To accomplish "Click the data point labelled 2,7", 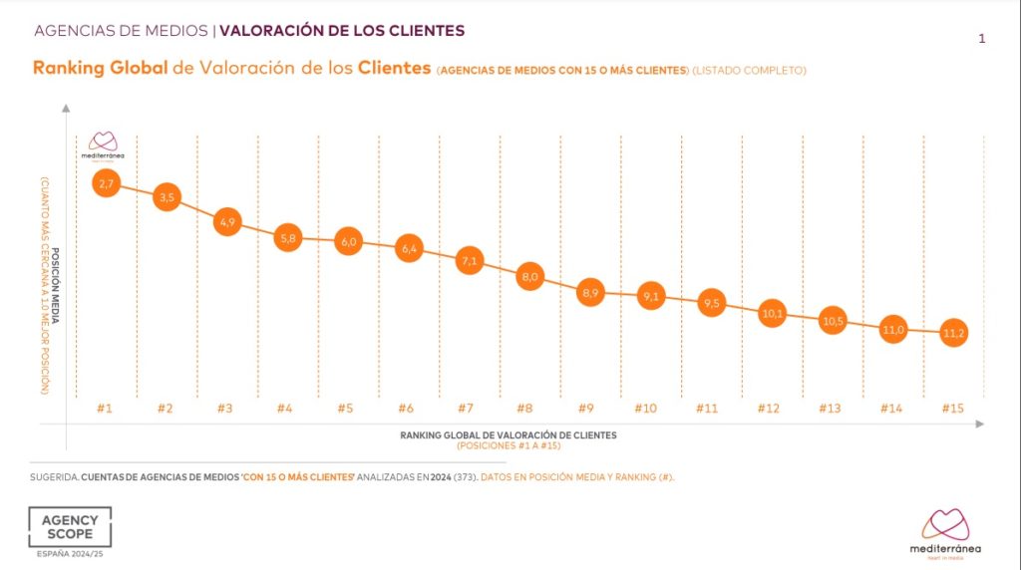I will (x=107, y=183).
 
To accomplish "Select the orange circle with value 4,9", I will (x=226, y=222).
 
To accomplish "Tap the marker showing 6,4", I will (x=408, y=249).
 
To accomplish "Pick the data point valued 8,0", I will (x=529, y=277).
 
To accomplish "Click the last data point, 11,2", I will (x=953, y=333).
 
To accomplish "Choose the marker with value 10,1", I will (x=772, y=313).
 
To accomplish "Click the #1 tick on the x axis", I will (x=105, y=409).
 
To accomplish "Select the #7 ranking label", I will (x=467, y=409).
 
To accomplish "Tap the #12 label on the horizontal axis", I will (x=769, y=409).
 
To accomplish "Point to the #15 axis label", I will (x=951, y=409).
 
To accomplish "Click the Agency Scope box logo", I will (x=70, y=527).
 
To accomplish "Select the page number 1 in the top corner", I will (x=982, y=39).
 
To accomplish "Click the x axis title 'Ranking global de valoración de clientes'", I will (x=509, y=435).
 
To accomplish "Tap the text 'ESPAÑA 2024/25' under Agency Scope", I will (x=69, y=554).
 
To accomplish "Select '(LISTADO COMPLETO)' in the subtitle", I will (x=749, y=71).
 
